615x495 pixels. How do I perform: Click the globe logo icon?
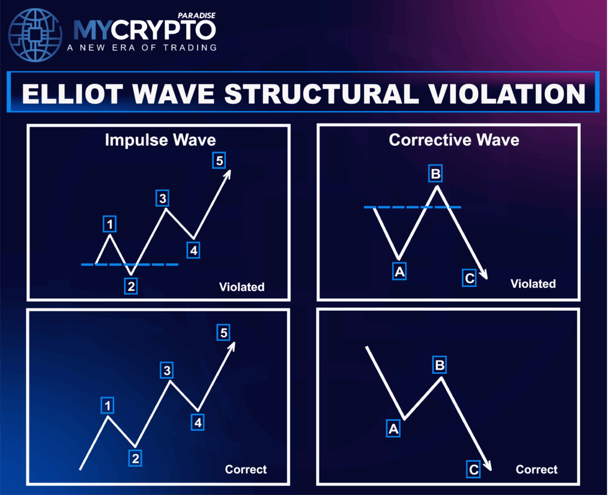tap(35, 35)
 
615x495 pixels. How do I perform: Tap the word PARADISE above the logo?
tap(196, 16)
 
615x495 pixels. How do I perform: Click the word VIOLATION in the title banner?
tap(506, 94)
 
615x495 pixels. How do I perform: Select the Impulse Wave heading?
tap(160, 140)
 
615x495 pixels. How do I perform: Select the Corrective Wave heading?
tap(454, 140)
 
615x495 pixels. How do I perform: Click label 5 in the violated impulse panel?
tap(219, 160)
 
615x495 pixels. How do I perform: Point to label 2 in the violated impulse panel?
tap(131, 286)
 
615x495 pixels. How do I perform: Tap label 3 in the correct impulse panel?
tap(167, 370)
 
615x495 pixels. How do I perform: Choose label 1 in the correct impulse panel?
tap(108, 405)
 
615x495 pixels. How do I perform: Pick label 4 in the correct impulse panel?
tap(198, 422)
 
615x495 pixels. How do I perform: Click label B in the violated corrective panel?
tap(435, 173)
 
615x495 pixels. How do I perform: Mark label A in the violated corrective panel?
tap(399, 271)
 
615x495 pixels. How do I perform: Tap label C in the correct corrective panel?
tap(473, 469)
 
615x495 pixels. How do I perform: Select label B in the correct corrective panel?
tap(440, 365)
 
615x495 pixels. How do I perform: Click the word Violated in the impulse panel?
tap(241, 287)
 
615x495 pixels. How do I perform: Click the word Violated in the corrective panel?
tap(533, 284)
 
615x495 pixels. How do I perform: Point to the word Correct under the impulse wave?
tap(246, 469)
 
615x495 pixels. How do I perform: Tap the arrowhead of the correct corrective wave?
tap(488, 466)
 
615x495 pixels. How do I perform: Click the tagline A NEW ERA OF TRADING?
tap(142, 48)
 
